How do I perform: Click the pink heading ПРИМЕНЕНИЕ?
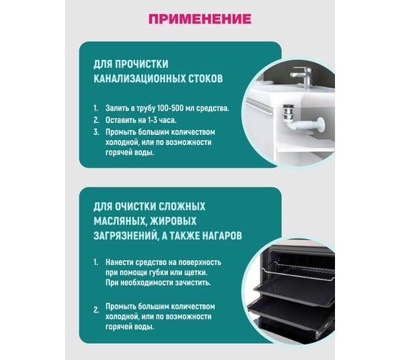pos(200,19)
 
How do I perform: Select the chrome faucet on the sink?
pos(303,76)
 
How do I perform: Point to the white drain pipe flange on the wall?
pos(320,124)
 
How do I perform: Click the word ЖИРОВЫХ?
pos(173,221)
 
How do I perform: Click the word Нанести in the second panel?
pos(119,262)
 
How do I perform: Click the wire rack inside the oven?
pos(299,269)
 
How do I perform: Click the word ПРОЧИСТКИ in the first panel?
pos(141,64)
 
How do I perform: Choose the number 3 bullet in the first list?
pos(96,132)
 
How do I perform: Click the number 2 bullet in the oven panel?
pos(96,310)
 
